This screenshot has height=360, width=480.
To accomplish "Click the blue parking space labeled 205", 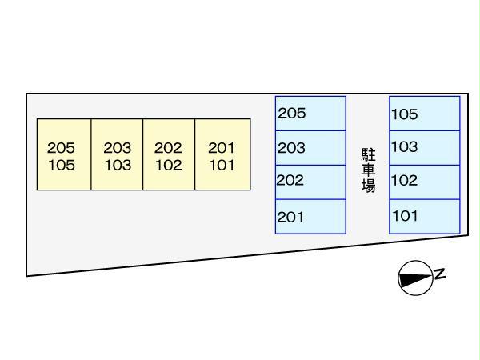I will [x=310, y=114].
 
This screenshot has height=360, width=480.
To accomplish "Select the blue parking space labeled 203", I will [x=310, y=147].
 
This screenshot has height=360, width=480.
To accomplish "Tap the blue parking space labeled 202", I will [x=310, y=182].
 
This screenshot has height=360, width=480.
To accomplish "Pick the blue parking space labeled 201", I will [x=310, y=216].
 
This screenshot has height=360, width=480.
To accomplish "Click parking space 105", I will [x=425, y=114].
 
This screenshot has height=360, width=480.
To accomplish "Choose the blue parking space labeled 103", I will [x=425, y=147].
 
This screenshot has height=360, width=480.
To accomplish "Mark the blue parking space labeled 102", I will [x=425, y=182].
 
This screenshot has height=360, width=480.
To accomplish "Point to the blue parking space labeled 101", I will [x=425, y=216].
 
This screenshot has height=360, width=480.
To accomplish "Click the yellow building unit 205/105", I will [x=64, y=155].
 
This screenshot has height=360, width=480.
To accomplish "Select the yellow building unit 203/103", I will [x=117, y=155].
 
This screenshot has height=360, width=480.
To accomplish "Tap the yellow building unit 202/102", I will [x=169, y=155].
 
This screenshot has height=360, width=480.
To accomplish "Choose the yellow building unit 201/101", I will [x=222, y=155].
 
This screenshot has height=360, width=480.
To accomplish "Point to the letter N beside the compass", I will [x=439, y=274].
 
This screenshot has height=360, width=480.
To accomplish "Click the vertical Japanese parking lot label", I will [x=368, y=169].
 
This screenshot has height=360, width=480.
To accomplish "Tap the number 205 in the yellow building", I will [x=61, y=148].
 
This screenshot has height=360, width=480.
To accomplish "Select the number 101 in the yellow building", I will [x=222, y=166].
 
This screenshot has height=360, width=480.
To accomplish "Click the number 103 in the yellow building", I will [x=117, y=166].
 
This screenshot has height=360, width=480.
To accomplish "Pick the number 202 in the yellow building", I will [x=169, y=148].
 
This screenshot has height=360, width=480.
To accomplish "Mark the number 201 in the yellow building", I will [x=222, y=148].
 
